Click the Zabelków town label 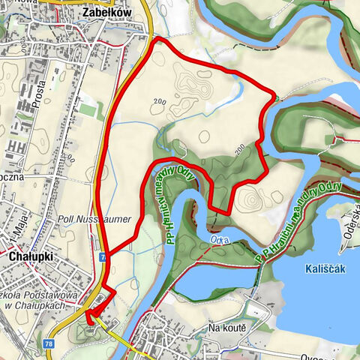(x=104, y=13)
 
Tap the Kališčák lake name (x=325, y=268)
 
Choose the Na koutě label (x=228, y=328)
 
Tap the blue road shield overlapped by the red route (x=102, y=257)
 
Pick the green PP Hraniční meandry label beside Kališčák (x=298, y=221)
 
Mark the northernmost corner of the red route (x=155, y=39)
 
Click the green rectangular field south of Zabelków (x=89, y=110)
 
